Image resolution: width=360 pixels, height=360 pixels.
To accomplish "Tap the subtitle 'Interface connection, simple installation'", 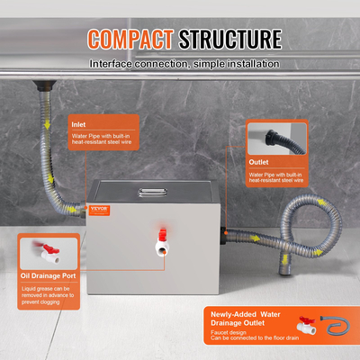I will (184, 64).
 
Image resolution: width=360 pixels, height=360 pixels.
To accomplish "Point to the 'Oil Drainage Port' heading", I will (49, 274).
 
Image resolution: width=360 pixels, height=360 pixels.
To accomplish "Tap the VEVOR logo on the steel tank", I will (103, 183).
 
